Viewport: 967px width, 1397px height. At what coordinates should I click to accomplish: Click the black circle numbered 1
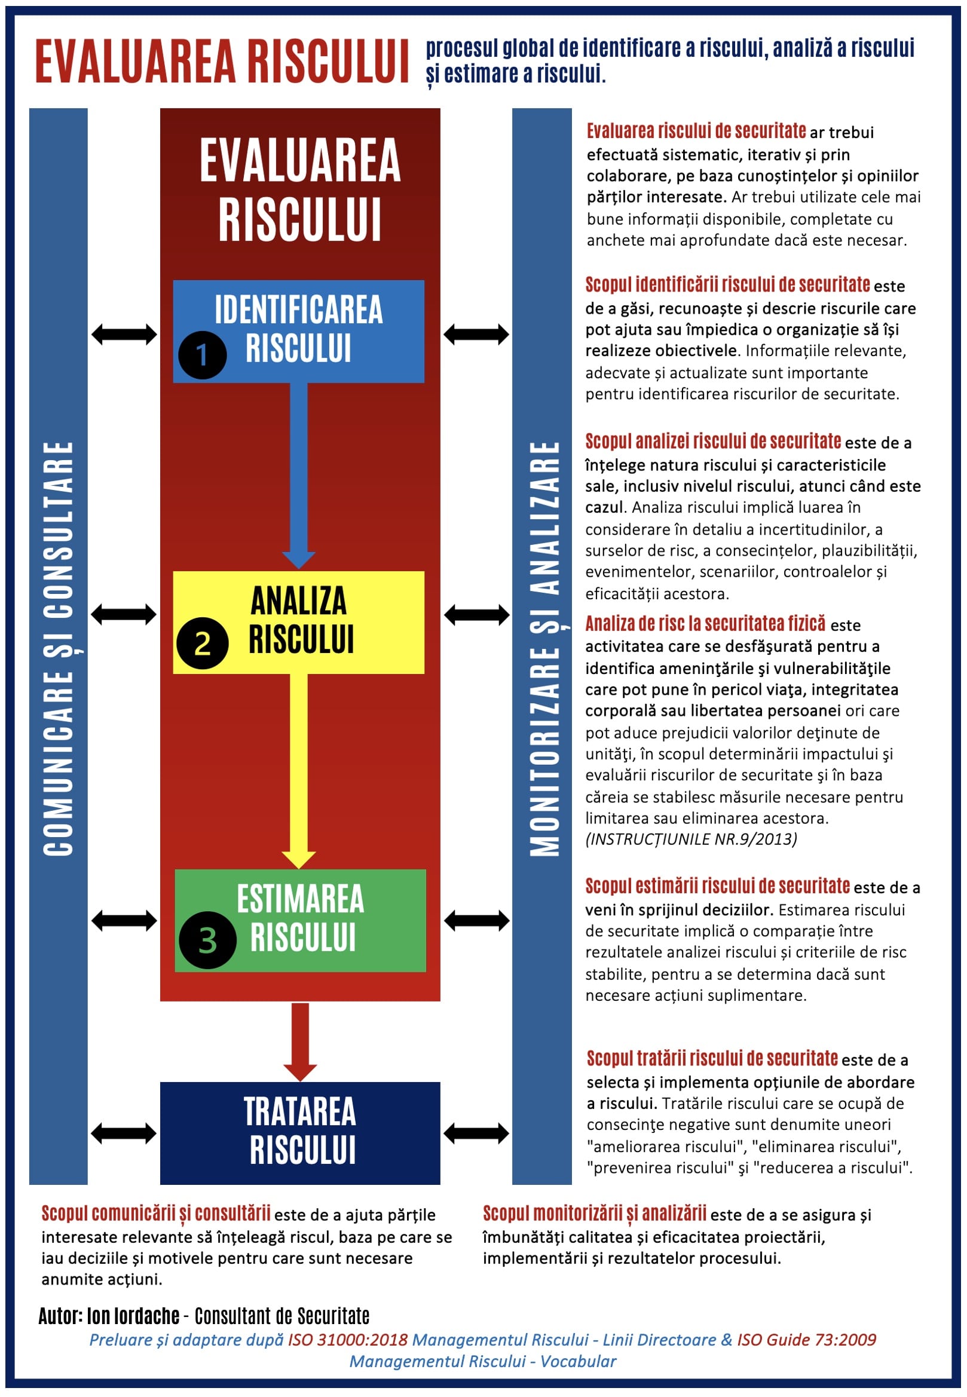pos(203,355)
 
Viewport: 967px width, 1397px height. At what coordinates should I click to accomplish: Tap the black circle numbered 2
pos(203,644)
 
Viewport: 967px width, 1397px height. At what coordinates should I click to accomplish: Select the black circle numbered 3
pos(207,940)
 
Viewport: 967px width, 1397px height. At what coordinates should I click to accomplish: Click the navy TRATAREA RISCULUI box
pos(300,1132)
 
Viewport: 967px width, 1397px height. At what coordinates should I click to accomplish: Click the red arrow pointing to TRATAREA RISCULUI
pos(300,1041)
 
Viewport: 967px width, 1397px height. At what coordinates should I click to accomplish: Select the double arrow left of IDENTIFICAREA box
pos(124,334)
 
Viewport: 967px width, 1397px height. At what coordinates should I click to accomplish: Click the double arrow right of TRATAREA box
pos(476,1133)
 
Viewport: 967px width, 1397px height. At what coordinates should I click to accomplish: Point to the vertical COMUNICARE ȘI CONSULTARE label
pos(58,648)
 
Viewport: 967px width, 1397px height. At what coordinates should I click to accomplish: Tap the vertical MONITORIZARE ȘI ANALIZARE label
pos(544,648)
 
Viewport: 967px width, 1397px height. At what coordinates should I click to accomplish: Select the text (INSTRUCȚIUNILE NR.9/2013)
pos(691,839)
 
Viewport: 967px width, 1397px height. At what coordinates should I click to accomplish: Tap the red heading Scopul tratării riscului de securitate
pos(712,1058)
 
